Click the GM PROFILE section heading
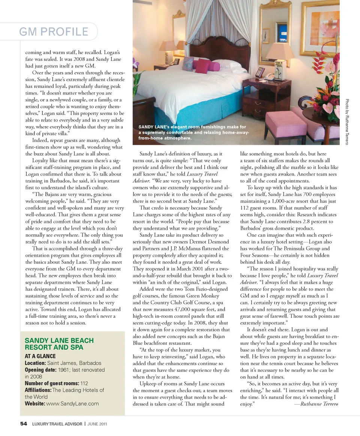point(54,32)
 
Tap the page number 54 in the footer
point(24,424)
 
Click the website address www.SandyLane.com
point(72,403)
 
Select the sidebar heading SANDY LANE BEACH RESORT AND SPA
point(59,344)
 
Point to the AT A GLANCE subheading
point(40,356)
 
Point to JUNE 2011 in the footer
point(97,424)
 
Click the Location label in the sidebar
point(35,363)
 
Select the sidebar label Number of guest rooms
point(52,383)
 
